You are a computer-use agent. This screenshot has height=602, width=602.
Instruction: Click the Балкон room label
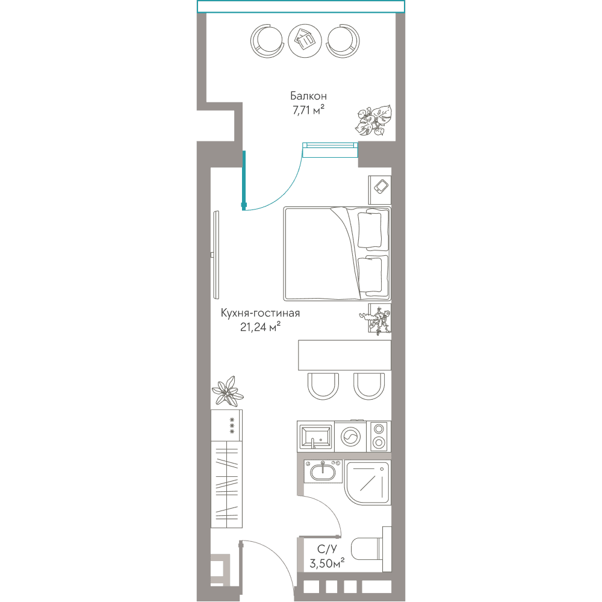pos(308,96)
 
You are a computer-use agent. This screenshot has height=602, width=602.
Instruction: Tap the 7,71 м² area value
pos(308,110)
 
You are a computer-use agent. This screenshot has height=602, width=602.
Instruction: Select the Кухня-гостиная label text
pos(260,313)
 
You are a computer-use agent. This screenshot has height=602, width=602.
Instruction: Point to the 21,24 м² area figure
pos(260,327)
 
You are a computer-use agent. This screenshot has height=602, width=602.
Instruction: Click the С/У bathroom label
pos(327,549)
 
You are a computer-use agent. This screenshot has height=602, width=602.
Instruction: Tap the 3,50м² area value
pos(327,563)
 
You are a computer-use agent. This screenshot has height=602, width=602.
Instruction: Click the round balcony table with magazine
pos(305,41)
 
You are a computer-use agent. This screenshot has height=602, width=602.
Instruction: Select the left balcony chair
pos(267,41)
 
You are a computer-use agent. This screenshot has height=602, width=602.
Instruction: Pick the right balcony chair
pos(343,41)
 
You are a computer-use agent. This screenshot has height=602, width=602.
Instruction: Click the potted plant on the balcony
pos(373,120)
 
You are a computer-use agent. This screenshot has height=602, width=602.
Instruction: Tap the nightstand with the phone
pos(380,190)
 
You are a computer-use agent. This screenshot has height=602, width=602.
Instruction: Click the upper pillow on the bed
pos(370,230)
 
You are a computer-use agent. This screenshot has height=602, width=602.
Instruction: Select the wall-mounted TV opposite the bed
pos(216,255)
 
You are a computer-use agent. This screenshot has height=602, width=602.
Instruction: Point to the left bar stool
pos(323,386)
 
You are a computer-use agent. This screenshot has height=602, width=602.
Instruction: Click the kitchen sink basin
pos(315,436)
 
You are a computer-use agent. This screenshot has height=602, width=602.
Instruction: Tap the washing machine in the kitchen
pos(350,436)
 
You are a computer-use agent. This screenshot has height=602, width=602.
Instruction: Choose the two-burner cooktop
pos(379,436)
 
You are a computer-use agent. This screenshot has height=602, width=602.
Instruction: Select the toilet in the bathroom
pos(371,549)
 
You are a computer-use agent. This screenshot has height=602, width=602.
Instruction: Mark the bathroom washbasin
pos(323,471)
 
